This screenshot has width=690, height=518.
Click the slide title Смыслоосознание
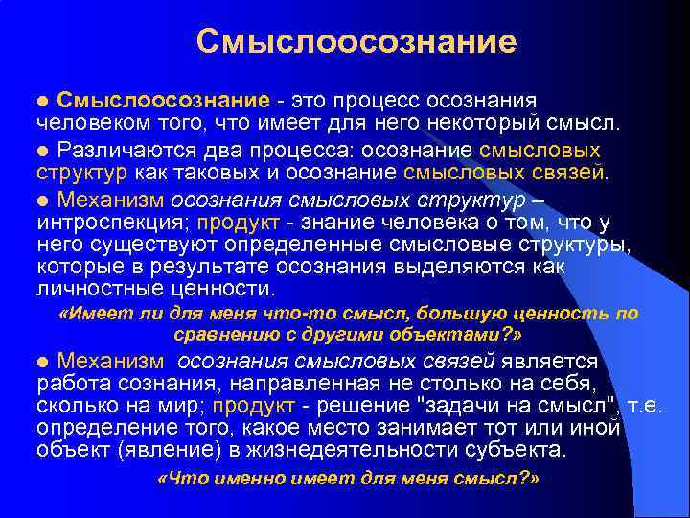pos(356,41)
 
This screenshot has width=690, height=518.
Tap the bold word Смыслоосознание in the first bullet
pos(161,100)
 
